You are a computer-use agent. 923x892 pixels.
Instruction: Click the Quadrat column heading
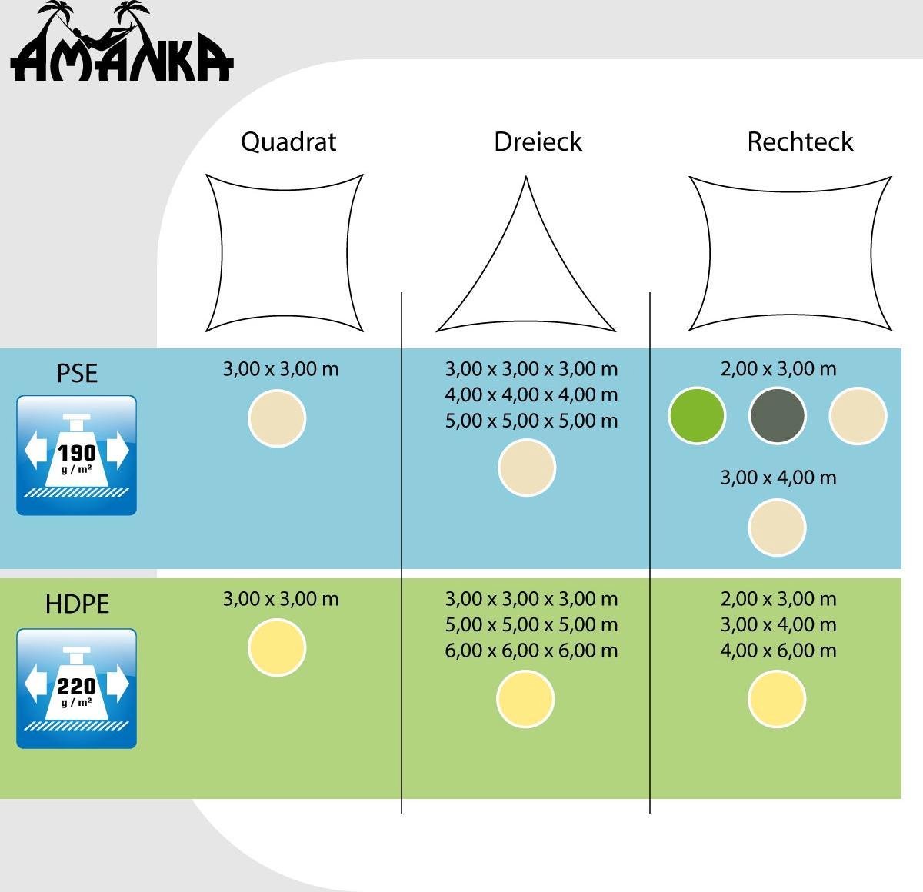[x=288, y=141]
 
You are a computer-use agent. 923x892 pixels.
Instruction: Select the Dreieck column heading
[x=538, y=141]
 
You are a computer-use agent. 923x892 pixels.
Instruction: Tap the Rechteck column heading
[x=800, y=141]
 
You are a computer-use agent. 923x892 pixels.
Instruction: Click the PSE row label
[x=77, y=373]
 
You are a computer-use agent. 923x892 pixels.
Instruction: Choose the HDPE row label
[x=77, y=604]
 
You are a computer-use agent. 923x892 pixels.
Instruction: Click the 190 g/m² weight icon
[x=76, y=455]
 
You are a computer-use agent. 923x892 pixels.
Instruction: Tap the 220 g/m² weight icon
[x=76, y=688]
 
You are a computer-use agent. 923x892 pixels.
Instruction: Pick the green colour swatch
[x=697, y=416]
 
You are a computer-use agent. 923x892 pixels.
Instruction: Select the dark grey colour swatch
[x=777, y=416]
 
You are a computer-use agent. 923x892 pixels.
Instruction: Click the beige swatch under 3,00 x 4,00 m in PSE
[x=777, y=528]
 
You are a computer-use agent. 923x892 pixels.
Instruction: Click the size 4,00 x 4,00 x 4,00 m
[x=531, y=394]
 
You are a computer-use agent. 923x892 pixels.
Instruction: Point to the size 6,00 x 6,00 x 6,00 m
[x=531, y=650]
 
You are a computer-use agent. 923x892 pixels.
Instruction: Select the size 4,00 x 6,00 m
[x=778, y=650]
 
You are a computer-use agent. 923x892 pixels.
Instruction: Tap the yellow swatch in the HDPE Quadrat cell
[x=277, y=647]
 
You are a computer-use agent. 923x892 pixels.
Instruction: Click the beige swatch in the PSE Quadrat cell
[x=277, y=418]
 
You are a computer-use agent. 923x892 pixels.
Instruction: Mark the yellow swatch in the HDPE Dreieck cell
[x=525, y=699]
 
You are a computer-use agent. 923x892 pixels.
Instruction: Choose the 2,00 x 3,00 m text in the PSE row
[x=778, y=369]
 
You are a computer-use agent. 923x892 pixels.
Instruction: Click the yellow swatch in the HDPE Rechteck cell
[x=777, y=699]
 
